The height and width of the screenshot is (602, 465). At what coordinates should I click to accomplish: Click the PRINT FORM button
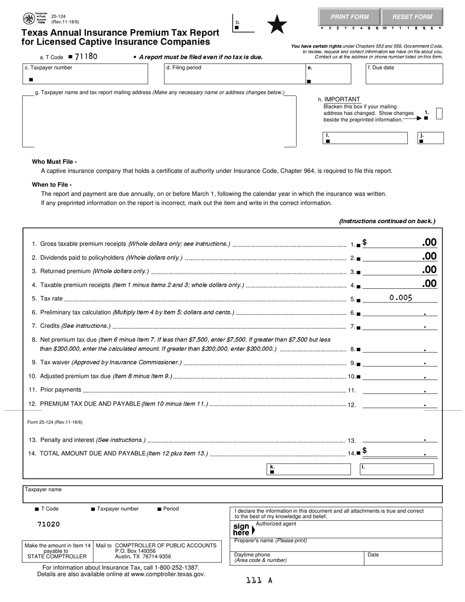point(349,17)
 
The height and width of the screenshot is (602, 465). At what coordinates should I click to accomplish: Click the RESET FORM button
point(412,17)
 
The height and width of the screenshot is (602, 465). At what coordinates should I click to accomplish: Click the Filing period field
point(233,74)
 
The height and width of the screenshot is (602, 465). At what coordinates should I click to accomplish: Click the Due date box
point(404,74)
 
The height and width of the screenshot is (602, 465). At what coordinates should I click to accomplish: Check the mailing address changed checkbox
point(439,114)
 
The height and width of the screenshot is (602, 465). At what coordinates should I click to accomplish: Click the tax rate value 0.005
point(400,298)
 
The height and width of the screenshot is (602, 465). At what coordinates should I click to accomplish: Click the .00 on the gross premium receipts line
point(429,243)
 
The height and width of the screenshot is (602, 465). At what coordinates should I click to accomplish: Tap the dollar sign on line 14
point(365,451)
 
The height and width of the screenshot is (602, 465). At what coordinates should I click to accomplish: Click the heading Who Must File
point(54,162)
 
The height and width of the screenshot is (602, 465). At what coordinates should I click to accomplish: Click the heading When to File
point(51,185)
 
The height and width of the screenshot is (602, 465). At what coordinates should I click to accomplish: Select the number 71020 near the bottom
point(48,524)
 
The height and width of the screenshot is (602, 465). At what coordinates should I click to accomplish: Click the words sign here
point(242,530)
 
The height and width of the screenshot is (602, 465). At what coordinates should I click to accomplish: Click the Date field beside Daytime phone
point(404,558)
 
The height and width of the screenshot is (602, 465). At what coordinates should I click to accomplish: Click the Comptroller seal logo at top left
point(29,19)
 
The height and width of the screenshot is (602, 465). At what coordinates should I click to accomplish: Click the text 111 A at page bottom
point(259,580)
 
